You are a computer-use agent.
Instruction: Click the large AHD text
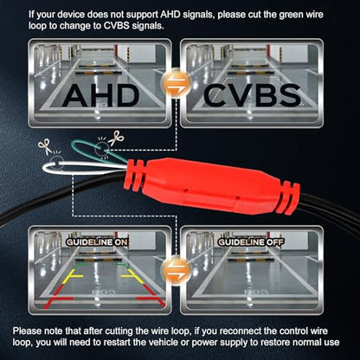tap(100, 95)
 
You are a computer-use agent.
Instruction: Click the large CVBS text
tap(252, 95)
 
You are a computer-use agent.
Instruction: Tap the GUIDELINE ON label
tap(97, 242)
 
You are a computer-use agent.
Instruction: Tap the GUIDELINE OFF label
tap(251, 242)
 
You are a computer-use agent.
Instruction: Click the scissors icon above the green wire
tap(116, 138)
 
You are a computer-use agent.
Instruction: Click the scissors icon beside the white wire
tap(45, 146)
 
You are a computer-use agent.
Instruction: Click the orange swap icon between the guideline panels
tap(176, 269)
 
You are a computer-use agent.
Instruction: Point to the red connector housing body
tap(212, 185)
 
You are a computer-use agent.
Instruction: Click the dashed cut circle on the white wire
tap(57, 163)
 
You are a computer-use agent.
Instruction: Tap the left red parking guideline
tap(56, 297)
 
